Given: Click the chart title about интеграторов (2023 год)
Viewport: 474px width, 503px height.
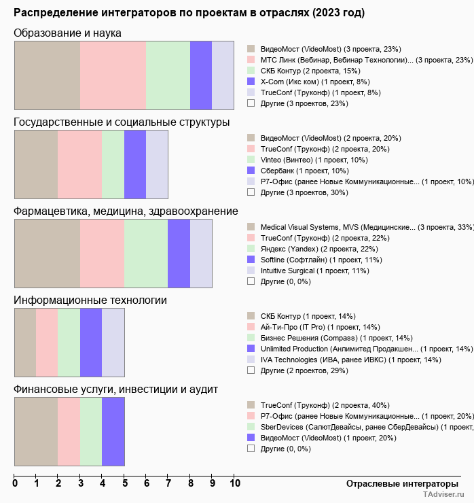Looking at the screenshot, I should (x=189, y=13).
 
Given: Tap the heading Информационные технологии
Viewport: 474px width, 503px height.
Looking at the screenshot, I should (x=90, y=300).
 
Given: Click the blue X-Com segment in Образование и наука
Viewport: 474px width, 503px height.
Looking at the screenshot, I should (x=201, y=75).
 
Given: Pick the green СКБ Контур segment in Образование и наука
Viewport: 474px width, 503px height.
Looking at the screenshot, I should (x=168, y=75).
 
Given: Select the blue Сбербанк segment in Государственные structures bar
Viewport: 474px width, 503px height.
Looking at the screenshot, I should (x=135, y=164).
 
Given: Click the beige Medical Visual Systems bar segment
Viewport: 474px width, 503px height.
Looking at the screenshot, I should (x=47, y=254).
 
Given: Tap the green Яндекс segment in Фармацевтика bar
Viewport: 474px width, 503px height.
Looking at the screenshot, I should (x=146, y=254).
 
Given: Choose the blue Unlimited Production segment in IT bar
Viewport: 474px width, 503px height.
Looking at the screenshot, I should (x=91, y=342).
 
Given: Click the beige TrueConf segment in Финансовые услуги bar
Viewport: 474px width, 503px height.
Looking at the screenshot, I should (x=35, y=432).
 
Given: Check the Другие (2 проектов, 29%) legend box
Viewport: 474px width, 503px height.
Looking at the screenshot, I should (x=251, y=370).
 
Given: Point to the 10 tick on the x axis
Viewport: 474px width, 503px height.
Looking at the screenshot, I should (x=235, y=483).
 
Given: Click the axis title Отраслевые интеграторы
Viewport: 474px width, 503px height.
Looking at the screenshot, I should (x=398, y=483).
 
